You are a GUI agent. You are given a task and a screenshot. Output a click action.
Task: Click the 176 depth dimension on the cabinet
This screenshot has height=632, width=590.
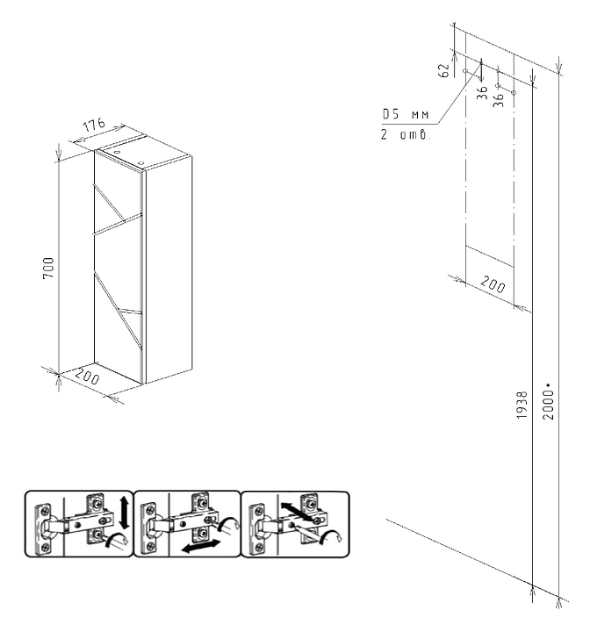(x=94, y=126)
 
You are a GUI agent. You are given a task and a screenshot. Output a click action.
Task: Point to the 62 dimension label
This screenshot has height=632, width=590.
(x=444, y=70)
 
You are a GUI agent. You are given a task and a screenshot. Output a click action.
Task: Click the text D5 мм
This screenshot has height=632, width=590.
(x=405, y=115)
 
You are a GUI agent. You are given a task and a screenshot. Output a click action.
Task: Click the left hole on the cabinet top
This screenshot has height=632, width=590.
(x=117, y=150)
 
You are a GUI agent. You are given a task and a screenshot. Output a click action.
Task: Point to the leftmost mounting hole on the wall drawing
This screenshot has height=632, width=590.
(x=464, y=70)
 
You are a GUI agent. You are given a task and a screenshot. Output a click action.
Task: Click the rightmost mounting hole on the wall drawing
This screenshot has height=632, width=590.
(x=514, y=93)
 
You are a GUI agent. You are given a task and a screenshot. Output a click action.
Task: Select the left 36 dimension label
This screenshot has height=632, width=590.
(x=482, y=92)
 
